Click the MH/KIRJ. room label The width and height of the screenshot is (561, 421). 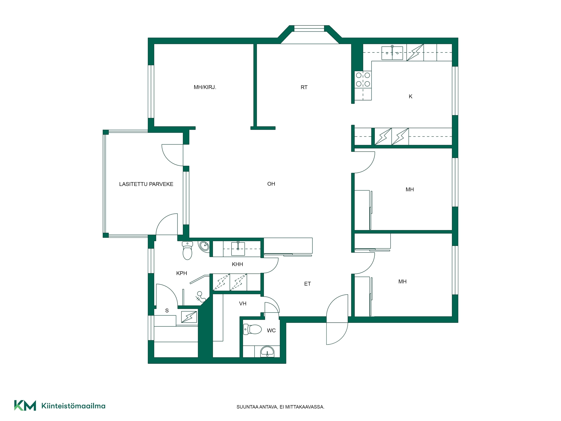205,87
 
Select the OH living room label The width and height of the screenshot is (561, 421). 271,184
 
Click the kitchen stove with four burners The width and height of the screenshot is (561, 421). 363,79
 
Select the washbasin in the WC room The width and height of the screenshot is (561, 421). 267,352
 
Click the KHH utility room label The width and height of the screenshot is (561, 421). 237,264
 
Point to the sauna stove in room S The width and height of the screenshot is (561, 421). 189,317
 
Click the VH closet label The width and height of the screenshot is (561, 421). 243,304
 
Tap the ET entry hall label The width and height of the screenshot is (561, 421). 307,284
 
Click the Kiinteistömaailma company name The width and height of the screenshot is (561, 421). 73,406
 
